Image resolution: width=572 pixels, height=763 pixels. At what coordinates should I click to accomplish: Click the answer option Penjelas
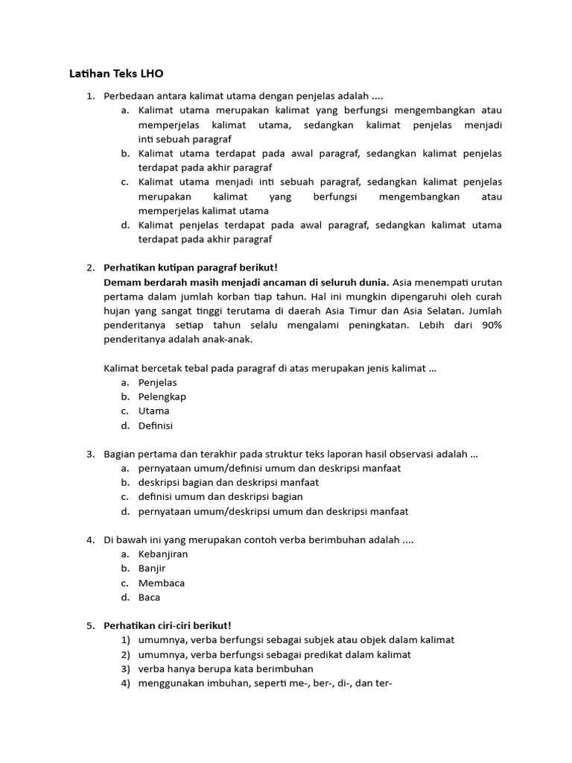pyautogui.click(x=157, y=382)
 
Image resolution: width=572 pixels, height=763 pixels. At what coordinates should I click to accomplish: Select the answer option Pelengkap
pyautogui.click(x=162, y=396)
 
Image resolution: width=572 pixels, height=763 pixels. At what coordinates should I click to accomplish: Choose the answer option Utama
pyautogui.click(x=153, y=411)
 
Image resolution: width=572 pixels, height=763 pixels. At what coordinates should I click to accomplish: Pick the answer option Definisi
pyautogui.click(x=155, y=425)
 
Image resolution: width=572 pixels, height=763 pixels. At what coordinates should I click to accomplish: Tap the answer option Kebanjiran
pyautogui.click(x=163, y=554)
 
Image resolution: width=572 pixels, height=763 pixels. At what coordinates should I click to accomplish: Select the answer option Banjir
pyautogui.click(x=152, y=568)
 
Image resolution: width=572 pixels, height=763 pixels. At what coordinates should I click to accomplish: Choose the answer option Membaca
pyautogui.click(x=161, y=583)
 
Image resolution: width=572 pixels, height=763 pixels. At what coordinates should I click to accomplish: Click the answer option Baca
pyautogui.click(x=149, y=597)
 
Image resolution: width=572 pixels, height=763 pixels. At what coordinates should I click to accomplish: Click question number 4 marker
pyautogui.click(x=90, y=539)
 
